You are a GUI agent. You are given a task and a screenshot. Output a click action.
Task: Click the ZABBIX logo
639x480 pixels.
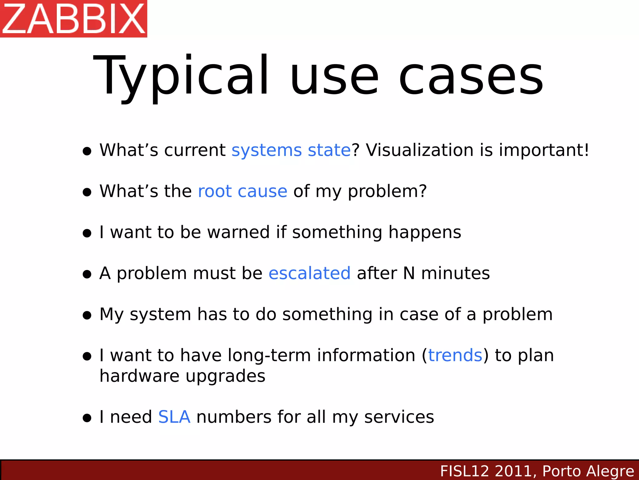74,19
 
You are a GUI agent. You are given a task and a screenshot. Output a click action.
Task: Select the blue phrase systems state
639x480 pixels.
291,150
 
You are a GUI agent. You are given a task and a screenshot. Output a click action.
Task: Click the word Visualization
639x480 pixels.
420,150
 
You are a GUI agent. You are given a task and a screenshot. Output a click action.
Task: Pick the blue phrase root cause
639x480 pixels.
242,191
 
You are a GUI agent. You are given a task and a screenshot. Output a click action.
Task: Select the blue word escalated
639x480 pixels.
310,273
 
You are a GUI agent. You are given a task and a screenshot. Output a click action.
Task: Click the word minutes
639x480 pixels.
456,273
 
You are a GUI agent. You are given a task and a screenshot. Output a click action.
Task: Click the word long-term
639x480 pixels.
269,356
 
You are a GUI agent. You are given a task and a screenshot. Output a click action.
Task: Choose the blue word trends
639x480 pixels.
455,356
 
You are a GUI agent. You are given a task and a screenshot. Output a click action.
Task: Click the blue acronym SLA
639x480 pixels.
174,417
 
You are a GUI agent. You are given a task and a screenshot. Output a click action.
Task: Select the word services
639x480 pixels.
399,417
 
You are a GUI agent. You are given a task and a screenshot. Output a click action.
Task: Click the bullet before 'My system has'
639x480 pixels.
87,315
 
